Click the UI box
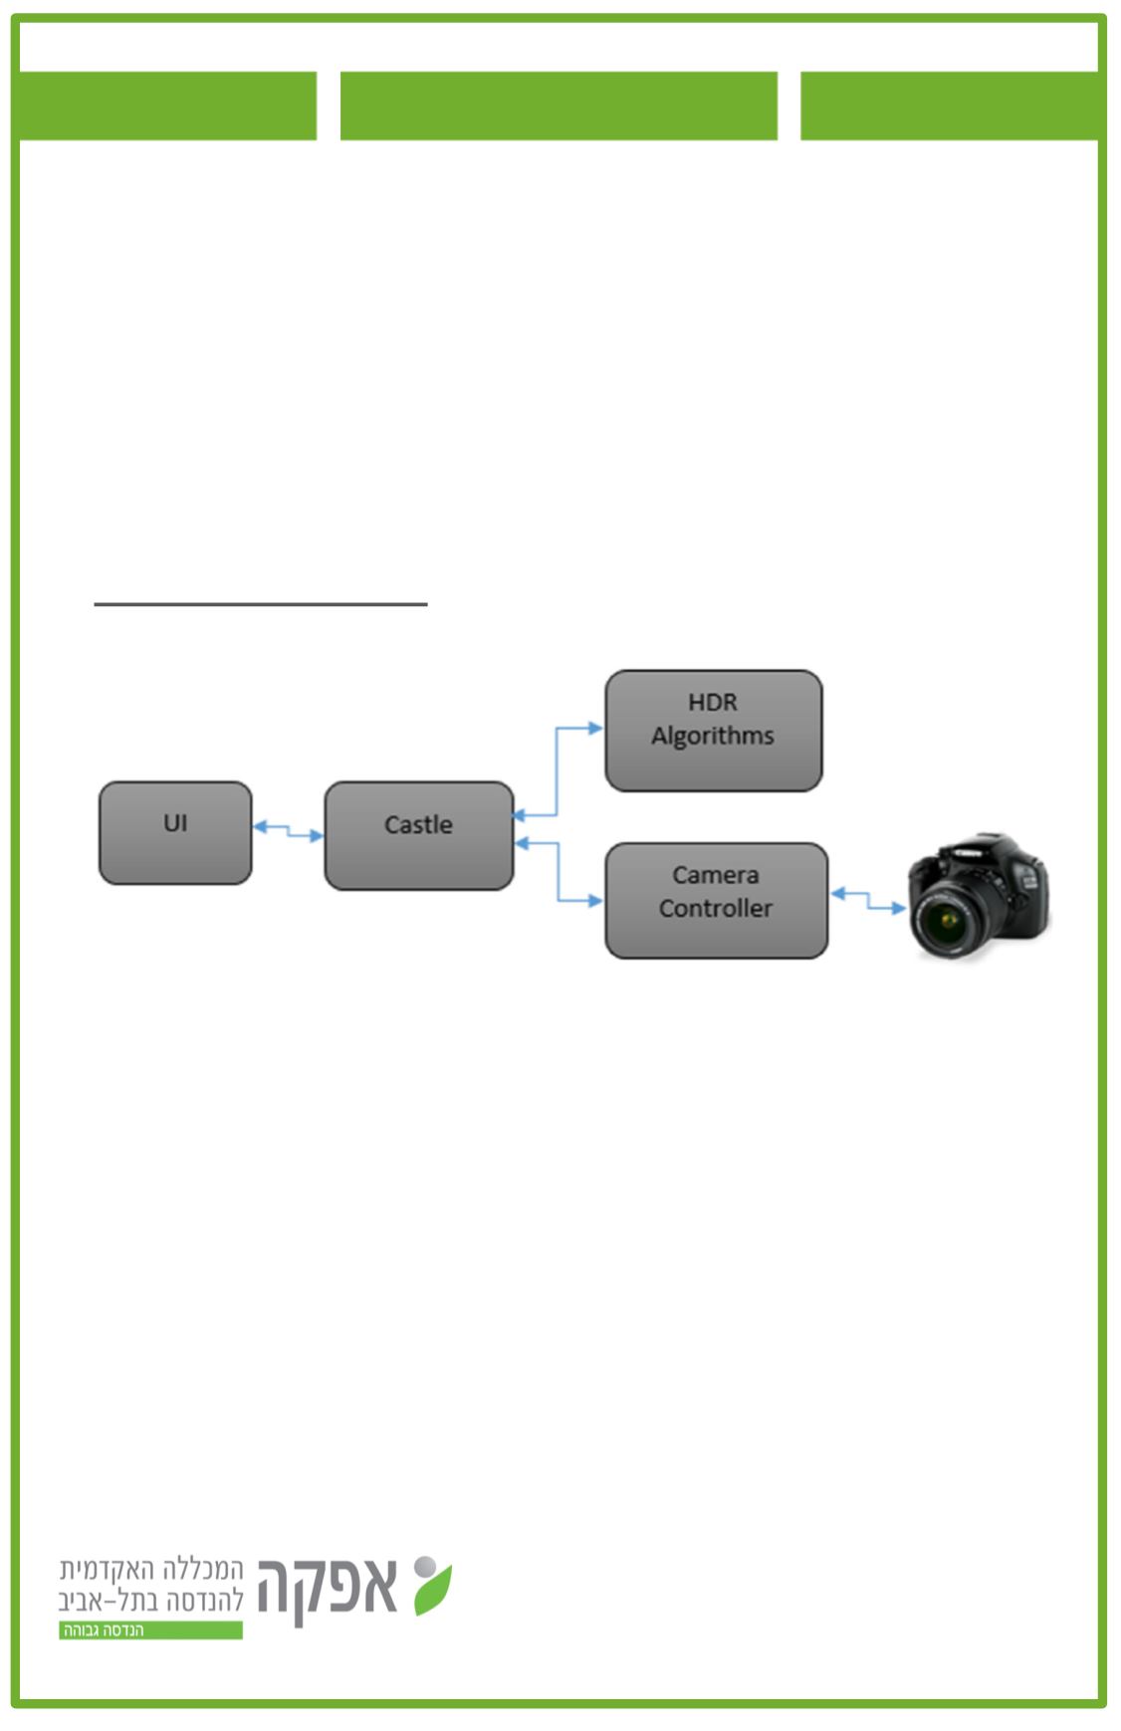[175, 832]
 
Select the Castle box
[418, 835]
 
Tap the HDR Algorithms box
[713, 730]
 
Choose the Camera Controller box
[716, 900]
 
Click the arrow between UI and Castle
[288, 830]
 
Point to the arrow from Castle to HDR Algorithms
[557, 766]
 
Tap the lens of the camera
[946, 922]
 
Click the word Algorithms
[713, 737]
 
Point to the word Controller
[716, 909]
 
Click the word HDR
[713, 703]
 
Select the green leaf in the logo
[433, 1590]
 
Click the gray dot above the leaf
[425, 1567]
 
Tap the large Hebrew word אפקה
[328, 1588]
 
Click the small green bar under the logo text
[150, 1630]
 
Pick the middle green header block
[559, 106]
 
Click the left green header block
[167, 106]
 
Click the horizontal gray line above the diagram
[261, 603]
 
